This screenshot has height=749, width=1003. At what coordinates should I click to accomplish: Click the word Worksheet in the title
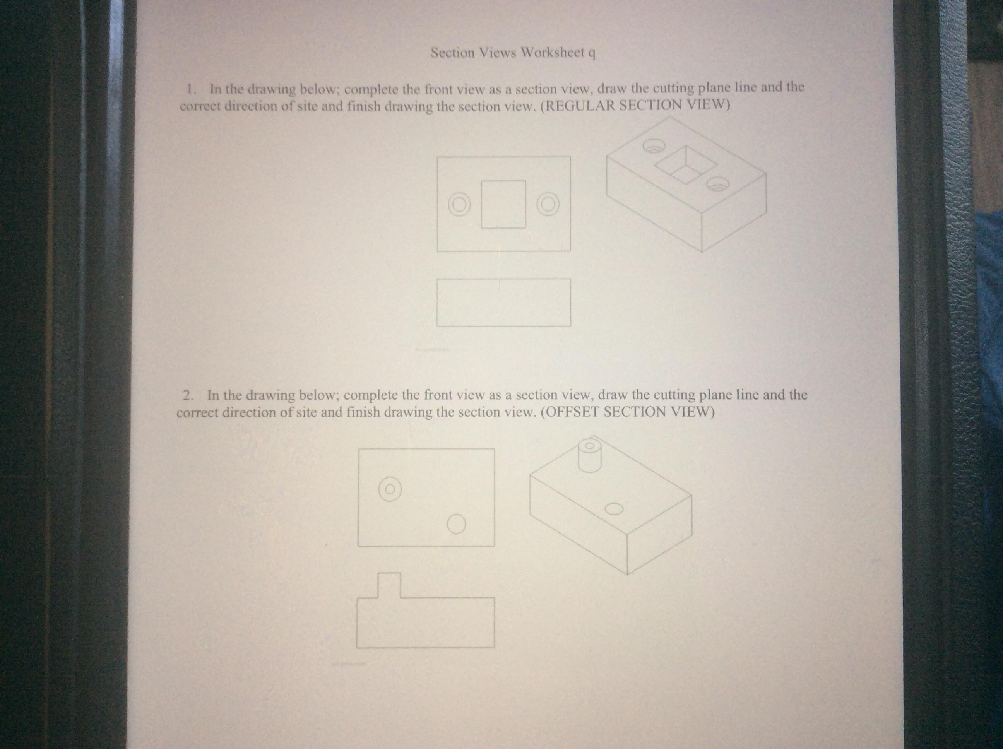pos(552,53)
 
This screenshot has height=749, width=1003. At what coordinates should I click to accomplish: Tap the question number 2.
pos(188,395)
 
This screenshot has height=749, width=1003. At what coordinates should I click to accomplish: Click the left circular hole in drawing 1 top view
pos(459,205)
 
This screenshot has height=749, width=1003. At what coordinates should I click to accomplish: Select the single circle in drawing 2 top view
pos(456,525)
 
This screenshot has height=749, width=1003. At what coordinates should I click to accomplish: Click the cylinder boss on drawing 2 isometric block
pos(589,455)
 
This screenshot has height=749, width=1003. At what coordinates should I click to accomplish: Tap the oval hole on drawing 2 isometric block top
pos(613,509)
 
